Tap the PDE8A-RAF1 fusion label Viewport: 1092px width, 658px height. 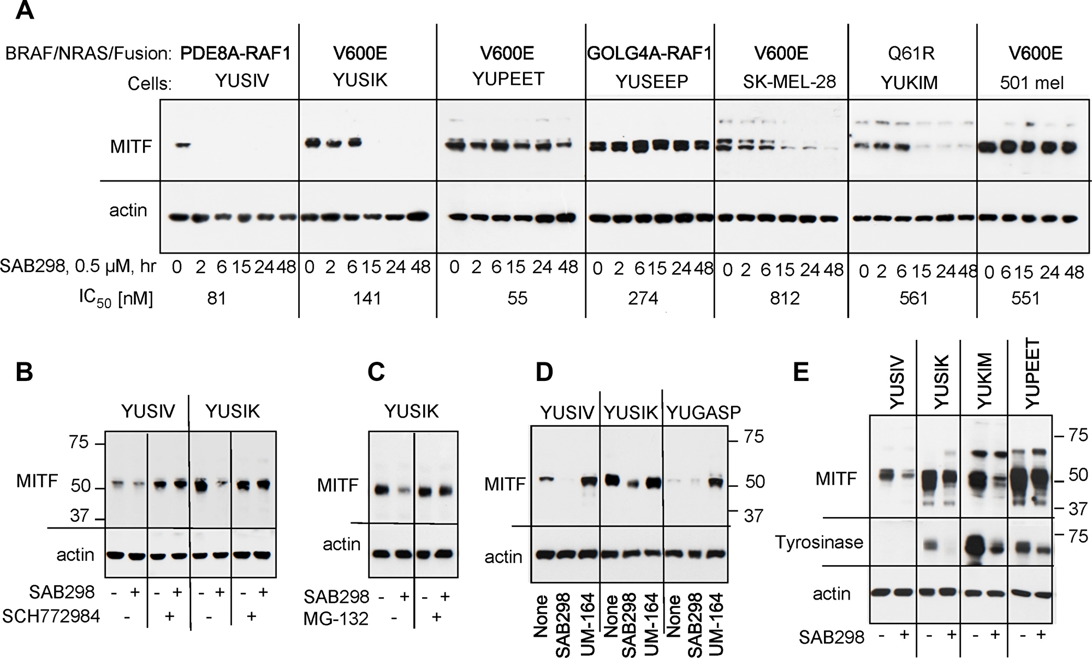coord(235,54)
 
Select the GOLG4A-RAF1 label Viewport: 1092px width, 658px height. coord(649,54)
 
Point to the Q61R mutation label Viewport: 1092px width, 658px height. coord(911,54)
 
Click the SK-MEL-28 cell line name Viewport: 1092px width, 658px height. coord(789,82)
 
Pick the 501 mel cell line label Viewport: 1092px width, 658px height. coord(1031,83)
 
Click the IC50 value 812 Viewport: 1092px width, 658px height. coord(785,298)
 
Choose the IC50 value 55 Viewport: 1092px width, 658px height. coord(517,298)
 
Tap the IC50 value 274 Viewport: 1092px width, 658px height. coord(643,298)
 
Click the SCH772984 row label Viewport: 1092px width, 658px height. coord(51,616)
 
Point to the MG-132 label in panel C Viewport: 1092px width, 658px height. coord(336,619)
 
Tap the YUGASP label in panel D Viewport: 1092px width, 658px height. coord(704,413)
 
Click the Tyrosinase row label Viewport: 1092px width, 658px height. coord(819,542)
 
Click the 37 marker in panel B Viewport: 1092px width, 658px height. coord(80,515)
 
